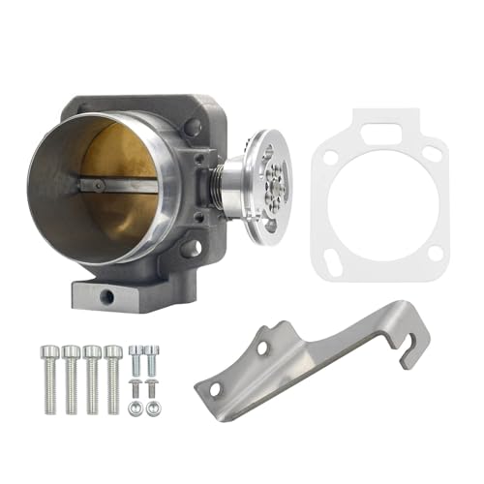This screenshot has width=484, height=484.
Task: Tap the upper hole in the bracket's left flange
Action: [261, 346]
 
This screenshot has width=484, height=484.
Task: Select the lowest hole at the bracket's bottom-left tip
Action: [215, 389]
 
